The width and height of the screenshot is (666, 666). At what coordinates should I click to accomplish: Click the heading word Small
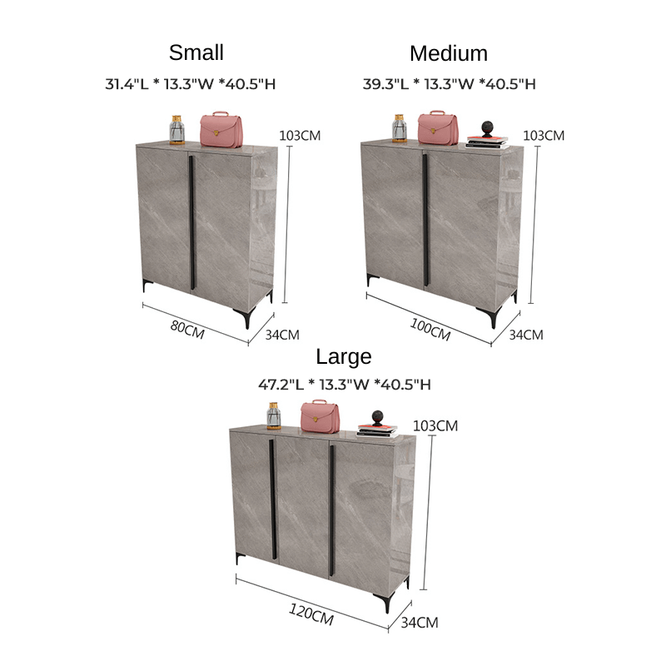tap(196, 52)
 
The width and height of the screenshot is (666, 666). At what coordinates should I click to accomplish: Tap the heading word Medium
tap(449, 53)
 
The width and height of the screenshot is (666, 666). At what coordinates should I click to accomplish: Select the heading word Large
tap(344, 356)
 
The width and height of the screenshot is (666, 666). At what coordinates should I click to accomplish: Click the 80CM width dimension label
tap(187, 328)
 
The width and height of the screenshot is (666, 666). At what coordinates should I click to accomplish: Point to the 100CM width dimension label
tap(430, 330)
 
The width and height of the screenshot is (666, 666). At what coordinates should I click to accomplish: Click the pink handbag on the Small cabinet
tap(221, 128)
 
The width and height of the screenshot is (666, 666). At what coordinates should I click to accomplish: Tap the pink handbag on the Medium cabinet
tap(437, 127)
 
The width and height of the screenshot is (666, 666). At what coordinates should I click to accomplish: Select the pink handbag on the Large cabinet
tap(320, 415)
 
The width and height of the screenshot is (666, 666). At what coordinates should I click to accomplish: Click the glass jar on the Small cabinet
tap(176, 130)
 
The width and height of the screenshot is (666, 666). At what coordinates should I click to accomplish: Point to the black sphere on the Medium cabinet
tap(487, 128)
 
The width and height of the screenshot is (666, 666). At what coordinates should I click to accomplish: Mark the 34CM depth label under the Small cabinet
tap(281, 335)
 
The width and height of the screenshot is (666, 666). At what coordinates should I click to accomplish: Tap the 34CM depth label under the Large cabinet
tap(420, 622)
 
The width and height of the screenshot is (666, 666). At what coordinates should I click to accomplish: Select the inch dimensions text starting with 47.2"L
tap(344, 385)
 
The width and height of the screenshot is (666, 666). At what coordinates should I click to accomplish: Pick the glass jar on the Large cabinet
tap(274, 415)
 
